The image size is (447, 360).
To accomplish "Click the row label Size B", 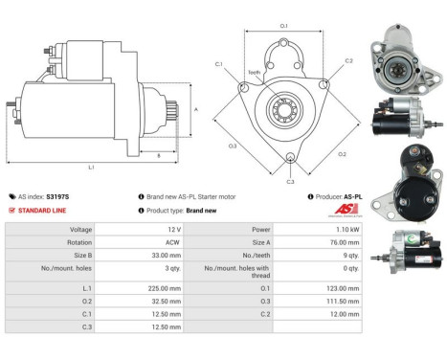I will coord(81,257).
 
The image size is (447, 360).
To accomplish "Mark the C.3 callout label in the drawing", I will coord(290,180).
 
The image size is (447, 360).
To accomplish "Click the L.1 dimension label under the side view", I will coord(92,168).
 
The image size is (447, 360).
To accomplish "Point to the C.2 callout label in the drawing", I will coord(348,60).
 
